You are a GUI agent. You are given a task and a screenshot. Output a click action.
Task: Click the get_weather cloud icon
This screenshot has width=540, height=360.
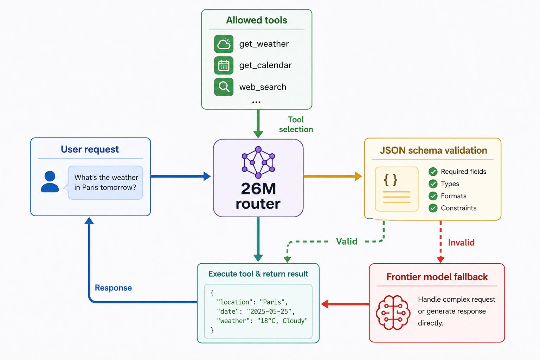[x=224, y=44]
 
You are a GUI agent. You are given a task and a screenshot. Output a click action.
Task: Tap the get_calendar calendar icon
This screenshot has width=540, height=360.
[x=224, y=65]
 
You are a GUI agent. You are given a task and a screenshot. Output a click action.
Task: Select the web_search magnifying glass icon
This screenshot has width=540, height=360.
[x=224, y=87]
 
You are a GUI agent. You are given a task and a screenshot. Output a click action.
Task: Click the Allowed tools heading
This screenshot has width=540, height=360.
[x=257, y=20]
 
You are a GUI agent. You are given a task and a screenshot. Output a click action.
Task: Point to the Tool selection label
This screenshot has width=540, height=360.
[x=296, y=124]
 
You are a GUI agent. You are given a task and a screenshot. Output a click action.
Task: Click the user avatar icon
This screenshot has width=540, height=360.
[x=50, y=181]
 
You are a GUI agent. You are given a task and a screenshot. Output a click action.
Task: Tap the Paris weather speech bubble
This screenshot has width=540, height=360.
[x=105, y=182]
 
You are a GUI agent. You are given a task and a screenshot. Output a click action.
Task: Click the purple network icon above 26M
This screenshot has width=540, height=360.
[x=258, y=162]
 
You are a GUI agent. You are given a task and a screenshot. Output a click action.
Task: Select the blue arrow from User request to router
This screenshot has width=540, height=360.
[x=181, y=176]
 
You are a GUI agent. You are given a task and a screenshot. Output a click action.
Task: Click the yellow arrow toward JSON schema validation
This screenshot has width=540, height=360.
[x=333, y=176]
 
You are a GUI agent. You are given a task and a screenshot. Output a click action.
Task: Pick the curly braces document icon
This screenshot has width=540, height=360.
[x=397, y=189]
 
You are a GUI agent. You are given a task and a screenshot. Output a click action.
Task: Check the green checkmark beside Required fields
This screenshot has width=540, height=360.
[x=433, y=172]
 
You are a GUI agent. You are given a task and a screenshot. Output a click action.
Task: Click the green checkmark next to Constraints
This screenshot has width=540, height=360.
[x=433, y=208]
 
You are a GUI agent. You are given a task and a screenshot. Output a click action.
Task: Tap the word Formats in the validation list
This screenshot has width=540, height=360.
[x=454, y=196]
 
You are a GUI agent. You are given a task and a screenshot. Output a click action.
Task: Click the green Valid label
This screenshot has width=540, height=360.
[x=347, y=242]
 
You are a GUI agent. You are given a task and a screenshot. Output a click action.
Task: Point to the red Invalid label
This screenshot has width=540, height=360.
[x=461, y=243]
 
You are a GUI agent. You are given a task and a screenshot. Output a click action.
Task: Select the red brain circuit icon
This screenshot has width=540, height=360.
[x=393, y=312]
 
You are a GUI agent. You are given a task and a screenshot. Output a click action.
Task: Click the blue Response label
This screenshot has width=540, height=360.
[x=113, y=288]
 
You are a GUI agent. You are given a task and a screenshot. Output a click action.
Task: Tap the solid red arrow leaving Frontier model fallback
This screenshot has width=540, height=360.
[x=345, y=304]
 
